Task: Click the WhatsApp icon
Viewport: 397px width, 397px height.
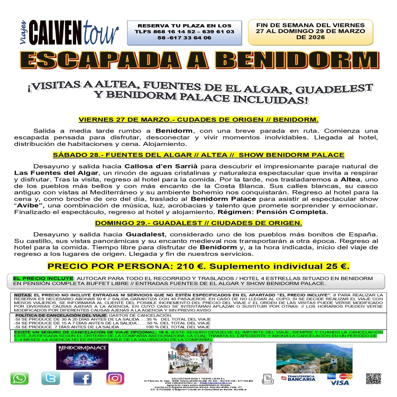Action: click(x=19, y=378)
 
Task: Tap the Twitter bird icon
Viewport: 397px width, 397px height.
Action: click(x=51, y=378)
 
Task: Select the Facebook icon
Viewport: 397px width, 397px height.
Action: click(x=82, y=378)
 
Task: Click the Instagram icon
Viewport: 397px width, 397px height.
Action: click(x=115, y=378)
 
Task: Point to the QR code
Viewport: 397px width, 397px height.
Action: click(x=373, y=379)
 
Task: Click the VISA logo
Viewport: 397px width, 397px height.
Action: click(x=340, y=383)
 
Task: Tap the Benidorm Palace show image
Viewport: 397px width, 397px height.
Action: click(x=82, y=357)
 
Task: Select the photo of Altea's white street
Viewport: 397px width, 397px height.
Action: click(x=190, y=358)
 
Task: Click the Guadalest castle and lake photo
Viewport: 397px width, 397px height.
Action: click(x=314, y=358)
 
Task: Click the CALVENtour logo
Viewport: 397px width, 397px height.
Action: click(x=70, y=32)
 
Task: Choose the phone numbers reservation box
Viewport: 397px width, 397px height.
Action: click(x=185, y=32)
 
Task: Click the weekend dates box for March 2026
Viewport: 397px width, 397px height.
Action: click(x=310, y=31)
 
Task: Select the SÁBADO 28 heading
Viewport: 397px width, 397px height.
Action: click(x=198, y=155)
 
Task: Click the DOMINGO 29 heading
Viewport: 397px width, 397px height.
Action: click(x=198, y=223)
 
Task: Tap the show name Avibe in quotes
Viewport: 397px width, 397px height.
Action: click(x=29, y=205)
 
